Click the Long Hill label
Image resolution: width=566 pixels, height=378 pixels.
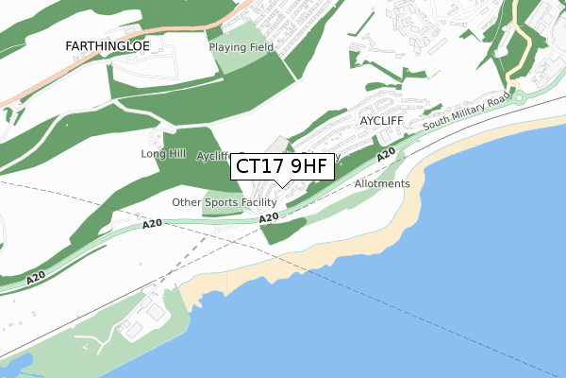pyautogui.click(x=159, y=153)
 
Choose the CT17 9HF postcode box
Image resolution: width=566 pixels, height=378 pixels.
pyautogui.click(x=282, y=167)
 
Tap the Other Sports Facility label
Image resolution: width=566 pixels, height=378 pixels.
pyautogui.click(x=224, y=202)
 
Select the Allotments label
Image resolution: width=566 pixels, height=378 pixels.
pyautogui.click(x=382, y=183)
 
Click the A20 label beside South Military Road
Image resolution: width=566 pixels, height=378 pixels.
pyautogui.click(x=385, y=155)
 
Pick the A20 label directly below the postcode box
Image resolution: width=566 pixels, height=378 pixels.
pyautogui.click(x=269, y=218)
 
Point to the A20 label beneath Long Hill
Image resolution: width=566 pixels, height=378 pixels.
pyautogui.click(x=154, y=223)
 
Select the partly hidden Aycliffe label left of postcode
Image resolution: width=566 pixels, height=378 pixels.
pyautogui.click(x=213, y=157)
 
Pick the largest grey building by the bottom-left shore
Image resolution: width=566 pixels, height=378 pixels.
pyautogui.click(x=132, y=328)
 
